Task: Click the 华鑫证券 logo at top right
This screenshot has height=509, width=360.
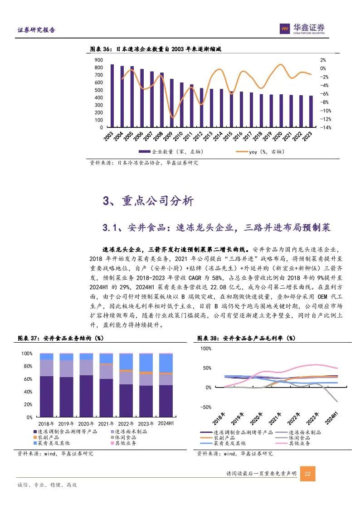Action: pyautogui.click(x=302, y=29)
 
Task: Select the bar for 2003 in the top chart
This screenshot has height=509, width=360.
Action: pyautogui.click(x=112, y=96)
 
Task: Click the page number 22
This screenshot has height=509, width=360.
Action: pyautogui.click(x=307, y=474)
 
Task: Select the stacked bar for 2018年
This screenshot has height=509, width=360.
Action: pyautogui.click(x=47, y=385)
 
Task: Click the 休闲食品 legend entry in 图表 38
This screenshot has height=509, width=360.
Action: pyautogui.click(x=300, y=437)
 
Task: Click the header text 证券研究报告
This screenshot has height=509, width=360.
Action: pyautogui.click(x=36, y=30)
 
